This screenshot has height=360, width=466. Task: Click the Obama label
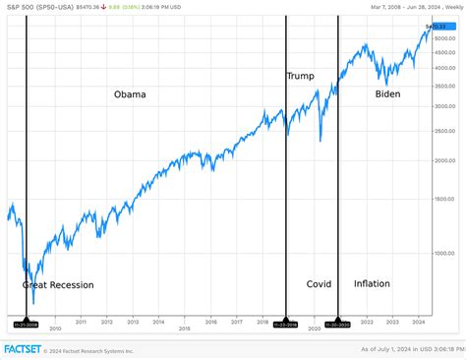click(x=130, y=94)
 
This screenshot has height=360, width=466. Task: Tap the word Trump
click(x=300, y=76)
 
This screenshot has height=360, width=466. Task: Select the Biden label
click(x=388, y=94)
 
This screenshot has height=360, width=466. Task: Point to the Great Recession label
click(x=58, y=285)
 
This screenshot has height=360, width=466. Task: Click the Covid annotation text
click(x=319, y=283)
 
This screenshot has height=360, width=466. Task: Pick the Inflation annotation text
click(x=372, y=283)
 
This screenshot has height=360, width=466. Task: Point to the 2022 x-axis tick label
click(x=366, y=322)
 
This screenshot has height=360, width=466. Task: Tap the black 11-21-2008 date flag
click(x=26, y=323)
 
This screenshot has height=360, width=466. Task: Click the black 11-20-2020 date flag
click(x=337, y=323)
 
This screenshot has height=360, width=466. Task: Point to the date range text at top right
click(x=409, y=8)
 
